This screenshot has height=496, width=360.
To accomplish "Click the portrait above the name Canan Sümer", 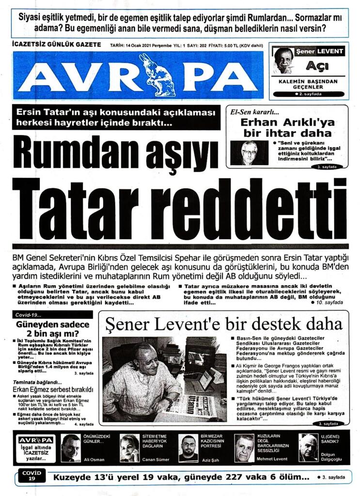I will [129, 448].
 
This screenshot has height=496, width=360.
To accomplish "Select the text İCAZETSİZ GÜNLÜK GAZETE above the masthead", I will [56, 45].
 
